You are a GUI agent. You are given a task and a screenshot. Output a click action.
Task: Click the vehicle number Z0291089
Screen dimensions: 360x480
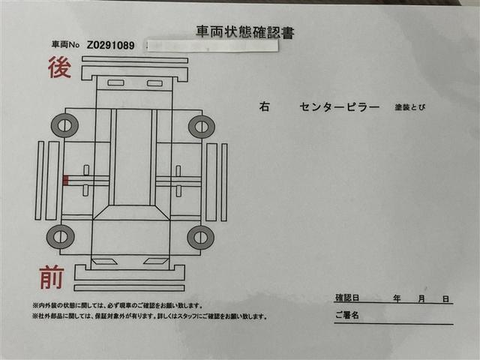pyautogui.click(x=110, y=46)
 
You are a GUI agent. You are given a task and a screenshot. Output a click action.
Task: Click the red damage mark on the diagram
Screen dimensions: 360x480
pyautogui.click(x=66, y=180)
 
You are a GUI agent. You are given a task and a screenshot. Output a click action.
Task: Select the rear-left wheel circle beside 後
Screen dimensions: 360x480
pyautogui.click(x=64, y=125)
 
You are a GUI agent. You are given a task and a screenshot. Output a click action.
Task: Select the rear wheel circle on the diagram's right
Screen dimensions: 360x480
pyautogui.click(x=201, y=126)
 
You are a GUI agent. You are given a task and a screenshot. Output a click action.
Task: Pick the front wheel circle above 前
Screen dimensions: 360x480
pyautogui.click(x=60, y=237)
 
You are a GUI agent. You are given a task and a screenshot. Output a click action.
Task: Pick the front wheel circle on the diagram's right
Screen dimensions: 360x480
pyautogui.click(x=200, y=237)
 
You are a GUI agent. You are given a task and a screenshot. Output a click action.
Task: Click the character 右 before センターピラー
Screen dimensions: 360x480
pyautogui.click(x=264, y=107)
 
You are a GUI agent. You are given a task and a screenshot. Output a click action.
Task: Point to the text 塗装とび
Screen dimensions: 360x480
pyautogui.click(x=410, y=107)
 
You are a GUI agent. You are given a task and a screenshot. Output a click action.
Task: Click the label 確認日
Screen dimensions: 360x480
pyautogui.click(x=347, y=298)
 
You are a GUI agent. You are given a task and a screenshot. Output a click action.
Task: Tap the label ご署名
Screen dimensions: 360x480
pyautogui.click(x=347, y=315)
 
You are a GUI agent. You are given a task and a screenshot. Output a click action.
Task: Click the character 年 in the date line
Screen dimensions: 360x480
pyautogui.click(x=397, y=298)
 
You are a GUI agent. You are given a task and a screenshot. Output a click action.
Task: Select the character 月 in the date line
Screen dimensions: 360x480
pyautogui.click(x=423, y=298)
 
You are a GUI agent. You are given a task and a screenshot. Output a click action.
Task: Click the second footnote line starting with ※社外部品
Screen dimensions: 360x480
pyautogui.click(x=149, y=316)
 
